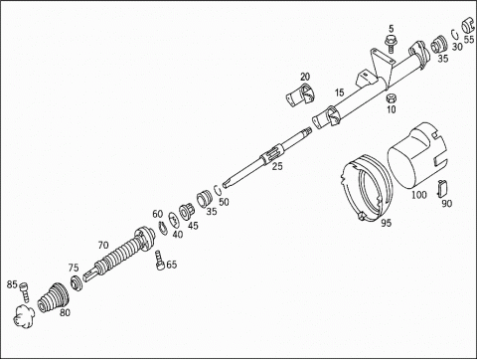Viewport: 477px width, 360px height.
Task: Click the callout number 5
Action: pos(392,29)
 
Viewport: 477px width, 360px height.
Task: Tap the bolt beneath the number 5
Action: pos(392,44)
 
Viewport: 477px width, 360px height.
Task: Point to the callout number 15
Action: pos(339,92)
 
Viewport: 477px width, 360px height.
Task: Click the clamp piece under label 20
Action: pos(301,94)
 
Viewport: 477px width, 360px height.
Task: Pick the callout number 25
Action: pos(277,166)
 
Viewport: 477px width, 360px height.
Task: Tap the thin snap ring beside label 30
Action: pos(454,35)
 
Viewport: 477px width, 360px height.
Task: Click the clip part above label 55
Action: pos(468,25)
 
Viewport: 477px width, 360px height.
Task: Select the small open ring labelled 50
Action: pos(218,190)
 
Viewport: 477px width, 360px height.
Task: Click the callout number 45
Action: pos(193,226)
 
